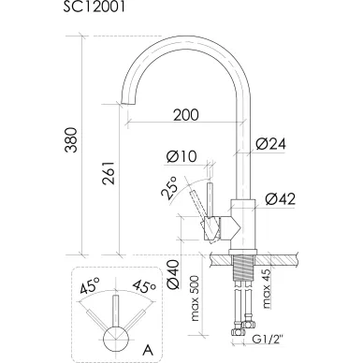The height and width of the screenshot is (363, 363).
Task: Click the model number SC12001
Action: point(94,7)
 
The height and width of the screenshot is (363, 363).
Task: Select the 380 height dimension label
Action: point(71,139)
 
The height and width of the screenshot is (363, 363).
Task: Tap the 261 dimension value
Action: point(109,173)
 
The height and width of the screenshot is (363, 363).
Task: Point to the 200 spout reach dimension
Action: point(186,115)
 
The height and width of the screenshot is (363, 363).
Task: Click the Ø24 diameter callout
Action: point(270,144)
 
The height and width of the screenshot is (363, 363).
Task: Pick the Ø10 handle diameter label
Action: point(181,156)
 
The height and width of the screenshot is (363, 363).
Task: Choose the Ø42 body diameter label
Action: point(280,199)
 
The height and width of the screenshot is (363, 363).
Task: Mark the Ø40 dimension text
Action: point(173,274)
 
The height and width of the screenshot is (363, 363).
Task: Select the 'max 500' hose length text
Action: point(195,298)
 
